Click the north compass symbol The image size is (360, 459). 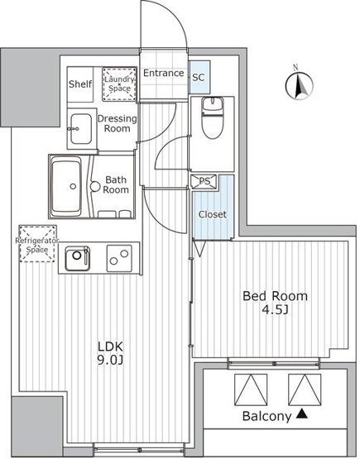pos(299,84)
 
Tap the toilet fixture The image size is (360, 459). pos(213,117)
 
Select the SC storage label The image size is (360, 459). pos(199,77)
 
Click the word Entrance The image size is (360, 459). pos(164,73)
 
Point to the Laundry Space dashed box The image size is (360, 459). pos(119,84)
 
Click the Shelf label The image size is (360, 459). pos(80,84)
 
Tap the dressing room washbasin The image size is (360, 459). pos(81,129)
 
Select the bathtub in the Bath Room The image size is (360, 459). pos(66,186)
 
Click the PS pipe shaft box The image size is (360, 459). pos(204,181)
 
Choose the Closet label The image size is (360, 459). pos(213,214)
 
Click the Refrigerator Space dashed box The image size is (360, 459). pos(37,243)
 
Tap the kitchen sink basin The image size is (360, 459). pos(77,259)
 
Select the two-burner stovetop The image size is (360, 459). pos(119,258)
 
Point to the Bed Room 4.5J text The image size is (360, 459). pos(275,303)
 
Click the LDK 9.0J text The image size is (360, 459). pos(110,353)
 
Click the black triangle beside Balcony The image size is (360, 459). pos(302,414)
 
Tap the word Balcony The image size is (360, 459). pos(266,416)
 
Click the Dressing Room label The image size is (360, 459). pos(118,123)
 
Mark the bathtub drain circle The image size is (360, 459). pos(73,186)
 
